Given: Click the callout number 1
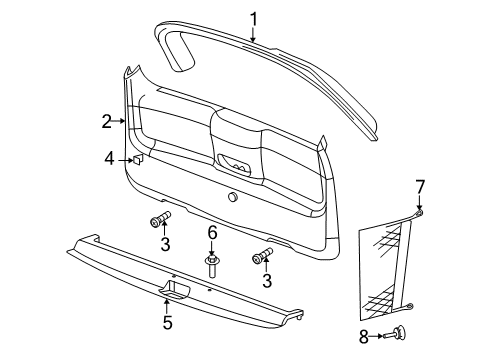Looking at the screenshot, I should (253, 18).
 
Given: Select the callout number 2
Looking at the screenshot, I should (106, 122).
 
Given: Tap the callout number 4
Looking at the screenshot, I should (109, 158).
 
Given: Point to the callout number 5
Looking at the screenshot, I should (167, 322).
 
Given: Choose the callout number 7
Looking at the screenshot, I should (420, 185).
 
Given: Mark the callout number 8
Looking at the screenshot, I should (364, 337).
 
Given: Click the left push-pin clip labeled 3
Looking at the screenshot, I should (160, 220).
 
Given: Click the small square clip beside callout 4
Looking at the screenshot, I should (139, 158).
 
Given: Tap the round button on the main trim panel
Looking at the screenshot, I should (233, 197).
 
